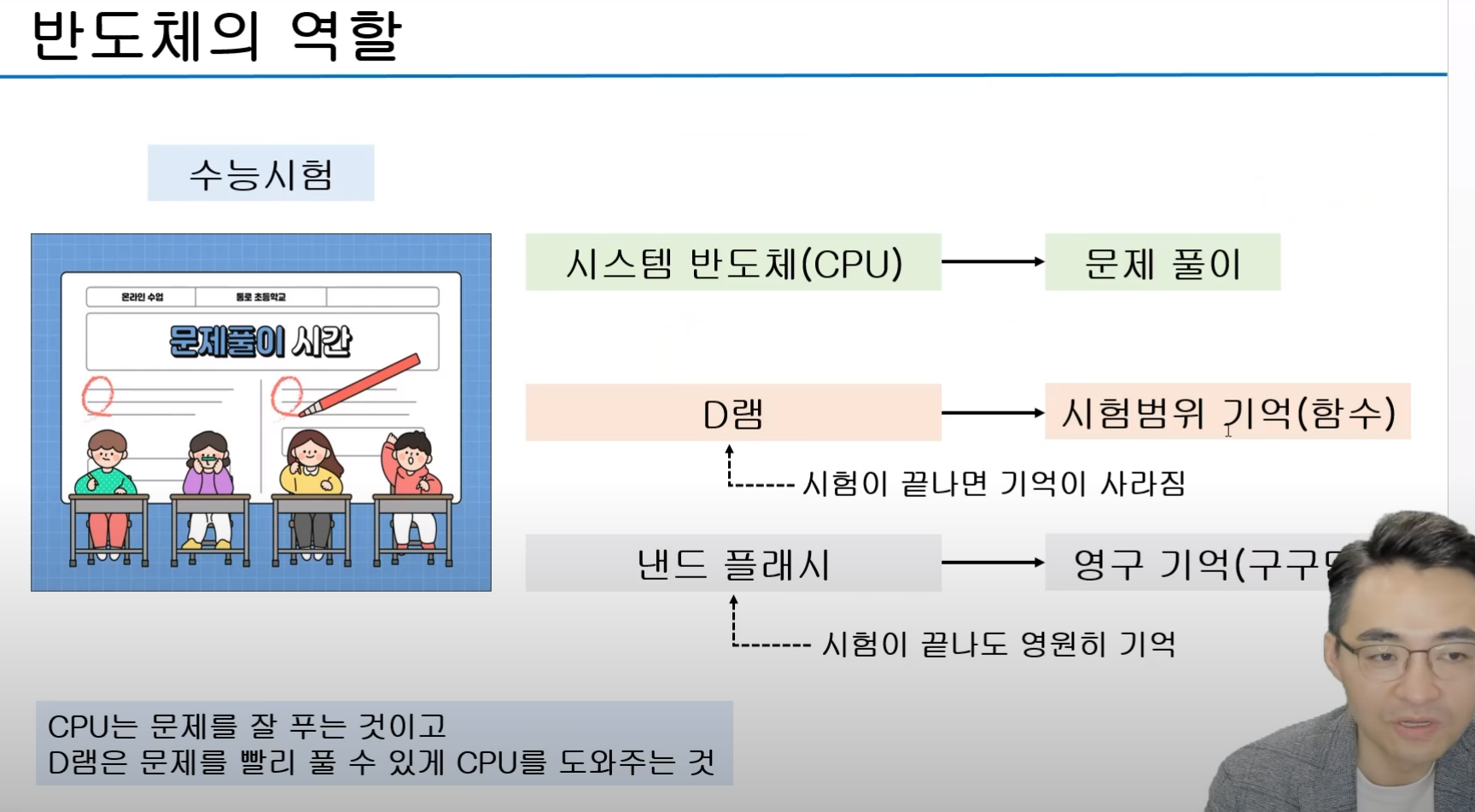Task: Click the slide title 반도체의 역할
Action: coord(216,36)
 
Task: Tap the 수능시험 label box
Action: coord(260,173)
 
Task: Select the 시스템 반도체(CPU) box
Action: coord(733,263)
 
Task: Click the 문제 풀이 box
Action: coord(1162,263)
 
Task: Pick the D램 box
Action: coord(733,413)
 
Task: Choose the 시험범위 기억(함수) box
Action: coord(1227,412)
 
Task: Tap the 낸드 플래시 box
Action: coord(733,564)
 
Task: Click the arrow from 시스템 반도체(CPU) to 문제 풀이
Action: coord(993,261)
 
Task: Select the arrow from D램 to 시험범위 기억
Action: coord(993,413)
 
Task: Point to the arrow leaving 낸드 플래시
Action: coord(993,563)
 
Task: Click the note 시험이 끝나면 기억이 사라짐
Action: coord(994,484)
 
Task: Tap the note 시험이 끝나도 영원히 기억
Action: coord(998,644)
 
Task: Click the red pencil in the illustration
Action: coord(359,385)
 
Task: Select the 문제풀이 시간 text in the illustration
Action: coord(260,342)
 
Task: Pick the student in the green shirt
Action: coord(106,465)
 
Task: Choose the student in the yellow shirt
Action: coord(311,465)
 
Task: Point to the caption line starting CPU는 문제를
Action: coord(248,727)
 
